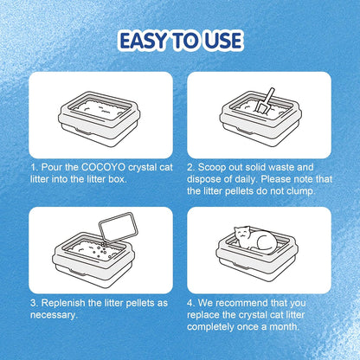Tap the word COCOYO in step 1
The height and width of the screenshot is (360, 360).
tap(103, 167)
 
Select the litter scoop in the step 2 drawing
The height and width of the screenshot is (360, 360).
tap(265, 100)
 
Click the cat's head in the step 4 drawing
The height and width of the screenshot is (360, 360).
tap(243, 235)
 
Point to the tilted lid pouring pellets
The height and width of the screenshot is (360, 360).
tap(119, 227)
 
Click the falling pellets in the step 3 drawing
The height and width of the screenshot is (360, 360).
tap(103, 249)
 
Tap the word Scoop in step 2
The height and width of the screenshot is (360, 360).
tap(212, 168)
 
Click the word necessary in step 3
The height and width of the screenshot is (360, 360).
tap(54, 315)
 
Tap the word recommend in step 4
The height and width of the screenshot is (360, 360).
tap(237, 303)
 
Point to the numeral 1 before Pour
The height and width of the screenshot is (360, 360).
tap(34, 167)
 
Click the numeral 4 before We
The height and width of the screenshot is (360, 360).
tap(190, 303)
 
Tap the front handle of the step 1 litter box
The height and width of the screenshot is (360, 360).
tap(83, 132)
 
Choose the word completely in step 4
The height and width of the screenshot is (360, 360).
tap(210, 327)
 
